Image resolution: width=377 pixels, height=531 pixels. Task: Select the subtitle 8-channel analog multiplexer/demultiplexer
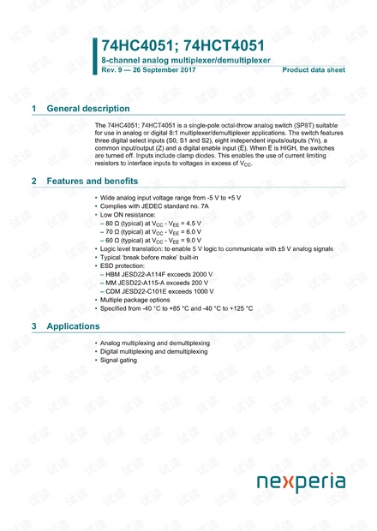pos(186,61)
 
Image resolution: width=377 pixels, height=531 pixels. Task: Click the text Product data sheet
pos(314,70)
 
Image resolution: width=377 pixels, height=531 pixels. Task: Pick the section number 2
pos(33,182)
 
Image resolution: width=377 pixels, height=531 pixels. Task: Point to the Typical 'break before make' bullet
pos(151,258)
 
